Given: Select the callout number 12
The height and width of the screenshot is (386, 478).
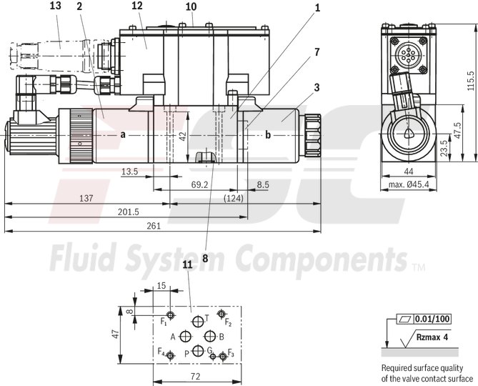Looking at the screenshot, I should pyautogui.click(x=137, y=6).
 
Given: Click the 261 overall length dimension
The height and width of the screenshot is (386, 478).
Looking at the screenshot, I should pyautogui.click(x=152, y=225).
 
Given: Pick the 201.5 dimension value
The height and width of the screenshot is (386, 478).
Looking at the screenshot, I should pyautogui.click(x=129, y=212).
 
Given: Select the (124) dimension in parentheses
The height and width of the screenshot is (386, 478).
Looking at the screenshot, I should pyautogui.click(x=233, y=198).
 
